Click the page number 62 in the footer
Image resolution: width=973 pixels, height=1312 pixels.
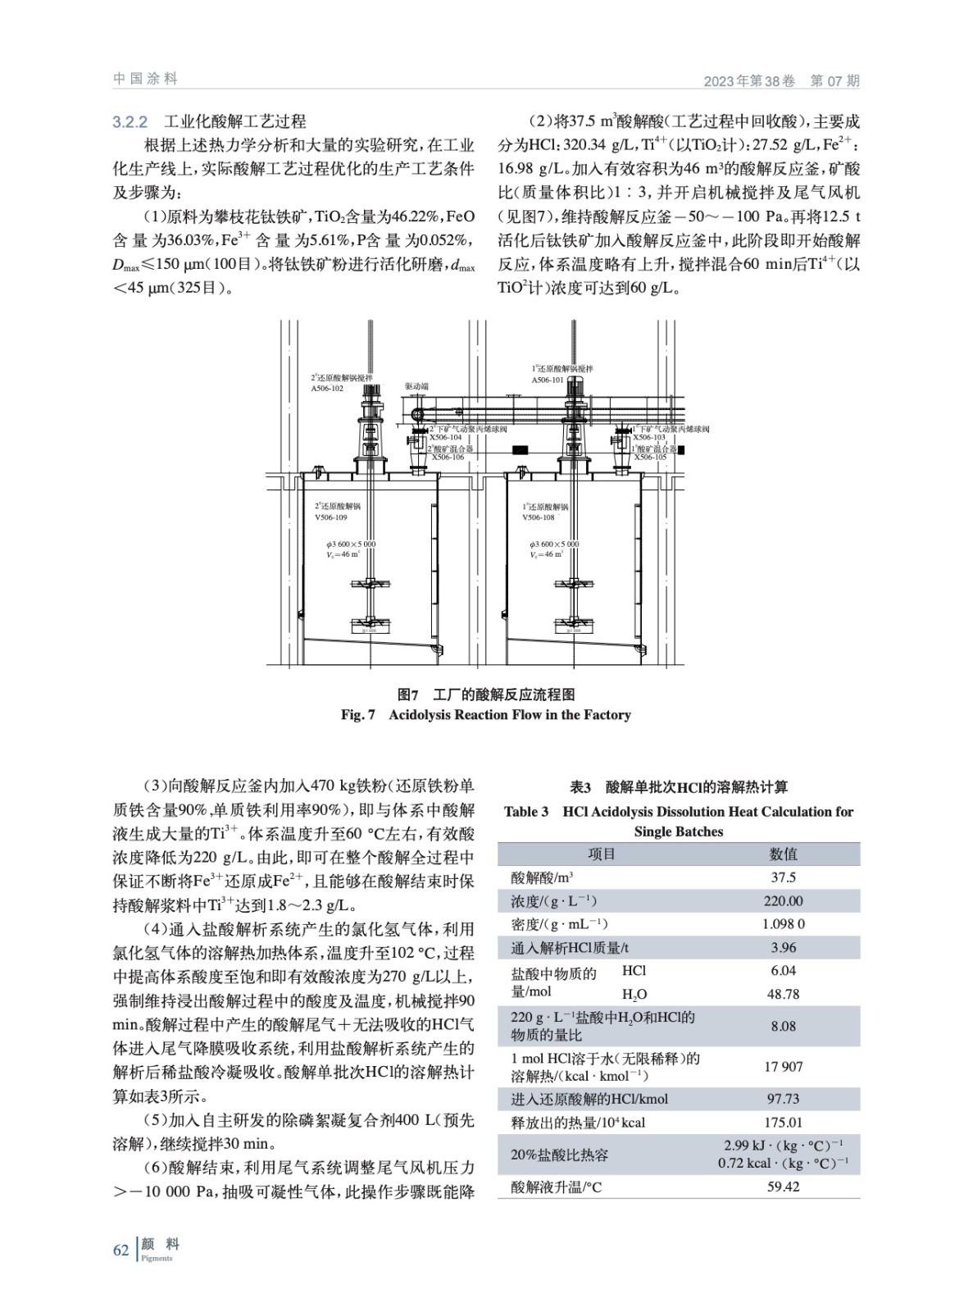[x=120, y=1250]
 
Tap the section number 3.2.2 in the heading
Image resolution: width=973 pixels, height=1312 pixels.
[x=130, y=122]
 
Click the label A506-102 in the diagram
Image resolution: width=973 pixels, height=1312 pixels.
[x=327, y=389]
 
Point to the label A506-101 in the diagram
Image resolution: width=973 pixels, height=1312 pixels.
[x=548, y=380]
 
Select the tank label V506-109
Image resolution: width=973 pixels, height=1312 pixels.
[x=331, y=517]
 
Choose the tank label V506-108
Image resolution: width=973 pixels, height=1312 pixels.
[x=539, y=517]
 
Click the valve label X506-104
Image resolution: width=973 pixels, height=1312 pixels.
[x=446, y=438]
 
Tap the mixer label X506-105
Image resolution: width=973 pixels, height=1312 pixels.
[x=650, y=457]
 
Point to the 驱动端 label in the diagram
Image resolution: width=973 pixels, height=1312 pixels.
[x=416, y=386]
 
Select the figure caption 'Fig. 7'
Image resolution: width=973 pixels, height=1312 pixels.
[x=358, y=715]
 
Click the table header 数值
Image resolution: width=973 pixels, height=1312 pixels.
[x=783, y=854]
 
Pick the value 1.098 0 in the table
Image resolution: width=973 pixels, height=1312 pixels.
[x=783, y=924]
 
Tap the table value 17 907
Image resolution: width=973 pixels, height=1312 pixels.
[x=783, y=1067]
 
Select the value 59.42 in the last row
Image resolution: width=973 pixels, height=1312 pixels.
[x=783, y=1187]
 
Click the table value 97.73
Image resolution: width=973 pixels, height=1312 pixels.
[x=783, y=1099]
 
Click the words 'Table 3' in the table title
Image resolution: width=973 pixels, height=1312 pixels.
[x=526, y=812]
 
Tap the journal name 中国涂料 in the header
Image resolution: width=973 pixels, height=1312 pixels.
[x=145, y=79]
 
